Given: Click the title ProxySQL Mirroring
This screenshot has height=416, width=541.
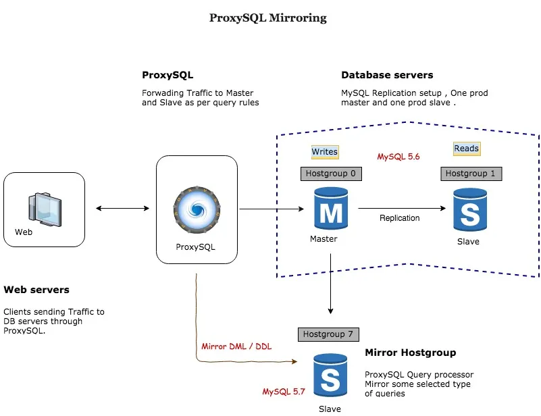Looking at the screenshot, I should [x=268, y=18].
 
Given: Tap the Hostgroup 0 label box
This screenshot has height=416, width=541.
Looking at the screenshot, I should [x=330, y=174].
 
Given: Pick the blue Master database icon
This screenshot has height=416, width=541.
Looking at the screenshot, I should [x=330, y=210].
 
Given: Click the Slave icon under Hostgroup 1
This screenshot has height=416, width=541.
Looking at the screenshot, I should [x=469, y=211].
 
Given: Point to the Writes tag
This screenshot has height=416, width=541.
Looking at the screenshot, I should [x=324, y=152].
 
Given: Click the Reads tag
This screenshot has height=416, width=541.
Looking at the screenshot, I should [x=466, y=149].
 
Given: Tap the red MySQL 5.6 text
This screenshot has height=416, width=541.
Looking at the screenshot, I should [x=398, y=157].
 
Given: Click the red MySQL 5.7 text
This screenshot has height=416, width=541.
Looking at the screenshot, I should [x=284, y=391].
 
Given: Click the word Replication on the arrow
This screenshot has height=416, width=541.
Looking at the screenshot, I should [x=399, y=218].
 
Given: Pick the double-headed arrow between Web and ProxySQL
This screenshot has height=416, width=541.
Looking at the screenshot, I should [x=122, y=209].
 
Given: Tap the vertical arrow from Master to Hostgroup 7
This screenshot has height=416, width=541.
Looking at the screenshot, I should [x=330, y=284].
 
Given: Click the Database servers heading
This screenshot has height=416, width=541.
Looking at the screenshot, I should [x=387, y=75].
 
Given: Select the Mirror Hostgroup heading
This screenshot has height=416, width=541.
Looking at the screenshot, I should [x=410, y=353].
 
